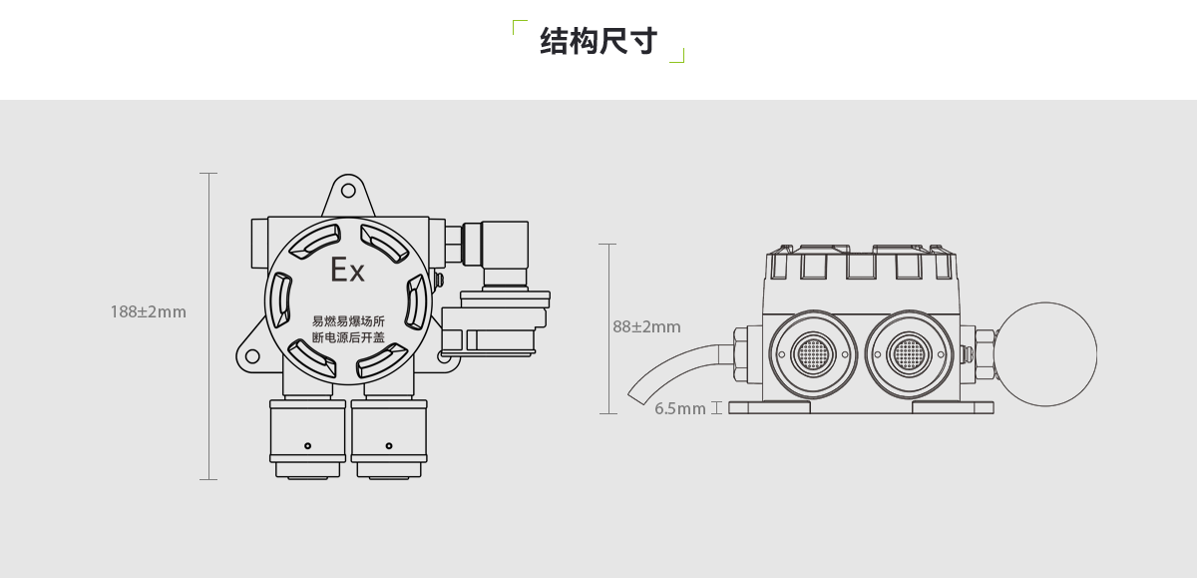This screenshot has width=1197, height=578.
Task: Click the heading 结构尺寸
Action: (598, 42)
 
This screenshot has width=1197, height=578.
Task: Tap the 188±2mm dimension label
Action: (148, 311)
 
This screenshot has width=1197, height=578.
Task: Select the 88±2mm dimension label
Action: (646, 326)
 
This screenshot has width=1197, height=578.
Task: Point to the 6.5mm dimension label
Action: (680, 408)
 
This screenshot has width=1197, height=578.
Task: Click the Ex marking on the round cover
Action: (348, 270)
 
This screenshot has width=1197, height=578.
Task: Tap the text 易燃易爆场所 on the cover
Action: (348, 320)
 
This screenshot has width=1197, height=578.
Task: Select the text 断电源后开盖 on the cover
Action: (348, 338)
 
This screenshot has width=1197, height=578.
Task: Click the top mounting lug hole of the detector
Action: (347, 190)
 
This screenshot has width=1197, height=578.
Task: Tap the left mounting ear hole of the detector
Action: (251, 356)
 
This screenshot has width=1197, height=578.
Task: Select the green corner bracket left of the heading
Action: (518, 26)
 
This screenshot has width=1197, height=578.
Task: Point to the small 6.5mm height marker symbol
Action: (716, 408)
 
